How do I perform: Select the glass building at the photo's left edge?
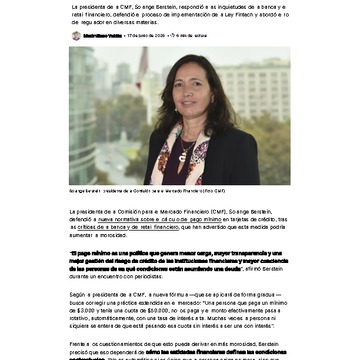[x=82, y=110]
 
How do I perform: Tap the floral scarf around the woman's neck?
[x=170, y=145]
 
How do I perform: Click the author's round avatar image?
[x=76, y=35]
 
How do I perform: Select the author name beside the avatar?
[x=103, y=35]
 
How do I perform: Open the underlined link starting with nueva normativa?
[x=119, y=218]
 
